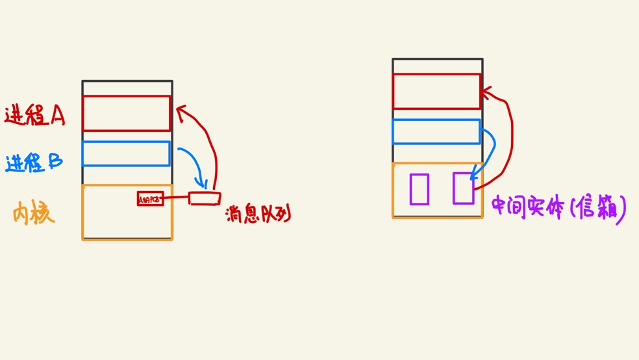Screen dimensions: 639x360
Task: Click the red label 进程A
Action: (34, 115)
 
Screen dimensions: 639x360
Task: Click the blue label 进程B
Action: (34, 162)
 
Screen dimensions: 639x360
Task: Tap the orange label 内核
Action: (33, 213)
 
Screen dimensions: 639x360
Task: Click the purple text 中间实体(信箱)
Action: (558, 208)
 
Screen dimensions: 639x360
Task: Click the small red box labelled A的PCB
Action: (150, 199)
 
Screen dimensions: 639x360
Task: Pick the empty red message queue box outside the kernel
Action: (205, 198)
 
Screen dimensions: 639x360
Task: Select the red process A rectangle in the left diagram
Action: (127, 113)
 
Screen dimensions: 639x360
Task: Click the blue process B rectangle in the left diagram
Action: (126, 154)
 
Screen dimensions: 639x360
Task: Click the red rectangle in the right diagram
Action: (436, 91)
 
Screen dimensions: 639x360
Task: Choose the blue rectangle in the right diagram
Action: (436, 131)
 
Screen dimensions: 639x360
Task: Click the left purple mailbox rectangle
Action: (419, 189)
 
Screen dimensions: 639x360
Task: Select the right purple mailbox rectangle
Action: (463, 188)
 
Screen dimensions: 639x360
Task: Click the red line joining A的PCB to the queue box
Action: (176, 198)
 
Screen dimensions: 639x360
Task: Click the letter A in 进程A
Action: (57, 115)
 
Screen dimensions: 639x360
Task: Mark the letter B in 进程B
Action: (56, 161)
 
